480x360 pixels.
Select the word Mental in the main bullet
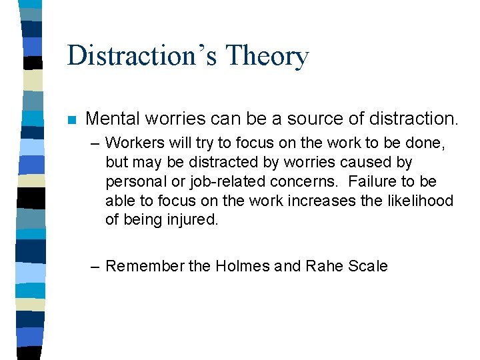tap(113, 119)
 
